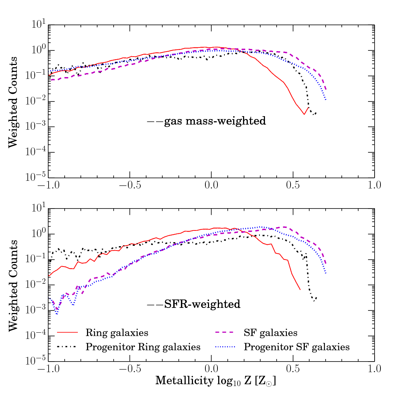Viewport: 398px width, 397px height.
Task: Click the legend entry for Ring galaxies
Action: click(x=117, y=333)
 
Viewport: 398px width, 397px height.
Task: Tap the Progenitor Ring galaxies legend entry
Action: click(x=143, y=347)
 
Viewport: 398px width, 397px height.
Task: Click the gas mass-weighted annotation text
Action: click(x=215, y=121)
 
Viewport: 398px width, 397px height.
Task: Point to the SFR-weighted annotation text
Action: click(x=202, y=304)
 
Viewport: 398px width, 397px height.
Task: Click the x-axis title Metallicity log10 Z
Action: click(x=216, y=381)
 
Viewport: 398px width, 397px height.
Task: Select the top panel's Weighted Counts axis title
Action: click(x=13, y=102)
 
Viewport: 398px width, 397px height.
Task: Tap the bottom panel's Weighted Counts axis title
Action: click(x=13, y=285)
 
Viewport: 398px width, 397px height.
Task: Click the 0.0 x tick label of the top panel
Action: click(x=211, y=184)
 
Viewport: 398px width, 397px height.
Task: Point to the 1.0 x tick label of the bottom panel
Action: click(x=374, y=368)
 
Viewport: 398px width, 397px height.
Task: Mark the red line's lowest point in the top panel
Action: click(x=304, y=115)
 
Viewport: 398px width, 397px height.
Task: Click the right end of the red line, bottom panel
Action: click(x=300, y=290)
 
